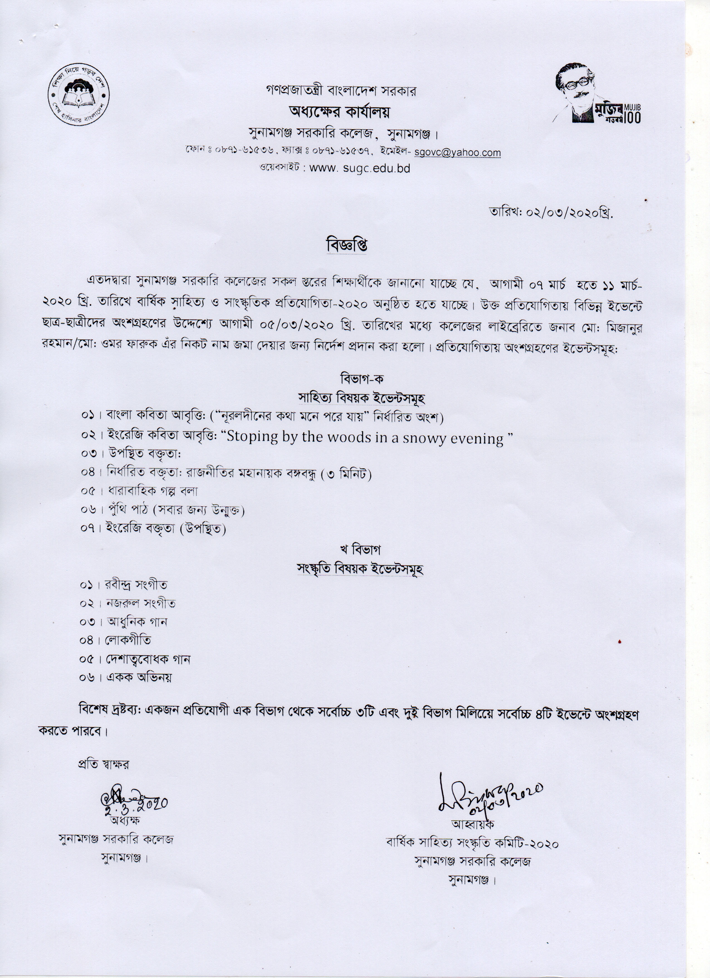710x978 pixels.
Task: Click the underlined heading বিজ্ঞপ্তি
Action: point(346,245)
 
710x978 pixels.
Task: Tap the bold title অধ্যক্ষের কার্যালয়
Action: point(340,112)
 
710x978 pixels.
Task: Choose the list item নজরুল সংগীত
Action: point(140,604)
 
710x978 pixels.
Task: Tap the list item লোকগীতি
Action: point(128,640)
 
